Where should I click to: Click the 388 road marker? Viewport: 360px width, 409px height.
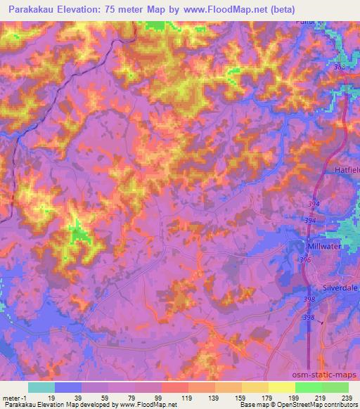tap(340, 67)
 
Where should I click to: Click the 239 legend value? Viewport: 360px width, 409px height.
tap(347, 398)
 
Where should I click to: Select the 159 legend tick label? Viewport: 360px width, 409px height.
tap(240, 398)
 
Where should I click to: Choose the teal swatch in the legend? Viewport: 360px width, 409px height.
tap(41, 387)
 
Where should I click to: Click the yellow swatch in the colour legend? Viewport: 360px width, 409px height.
tap(281, 387)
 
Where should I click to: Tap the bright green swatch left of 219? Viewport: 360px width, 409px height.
tap(307, 387)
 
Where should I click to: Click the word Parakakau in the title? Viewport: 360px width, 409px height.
tap(33, 10)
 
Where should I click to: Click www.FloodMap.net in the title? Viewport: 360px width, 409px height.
tap(229, 10)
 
